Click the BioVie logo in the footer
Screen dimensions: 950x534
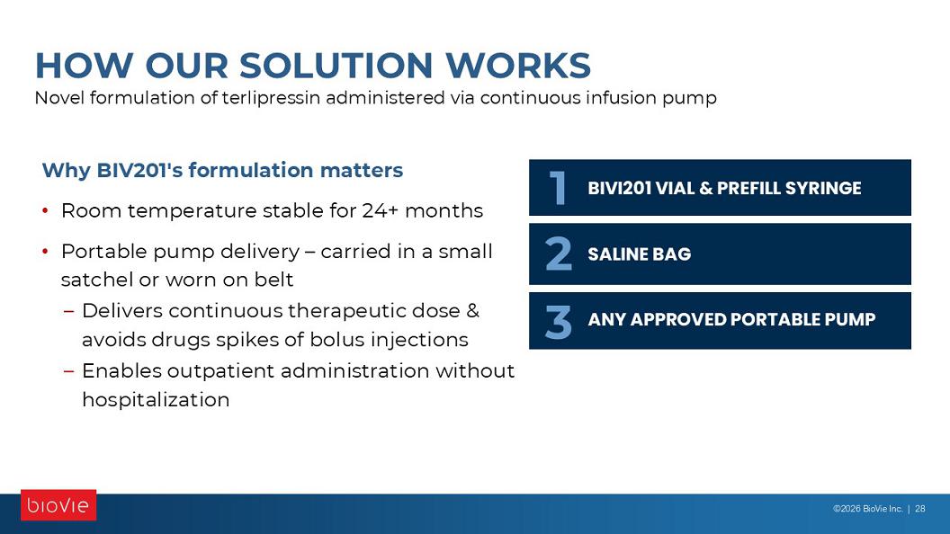tap(58, 505)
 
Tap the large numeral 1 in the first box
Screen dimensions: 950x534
tap(558, 188)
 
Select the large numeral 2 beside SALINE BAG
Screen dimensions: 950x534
tap(558, 254)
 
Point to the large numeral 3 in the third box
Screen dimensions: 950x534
tap(558, 322)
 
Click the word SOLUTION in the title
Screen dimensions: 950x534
tap(336, 66)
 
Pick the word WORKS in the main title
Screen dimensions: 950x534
tap(518, 66)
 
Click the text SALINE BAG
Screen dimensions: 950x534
tap(640, 254)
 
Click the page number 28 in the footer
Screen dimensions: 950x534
tap(919, 509)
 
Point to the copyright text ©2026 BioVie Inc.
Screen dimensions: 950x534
tap(867, 509)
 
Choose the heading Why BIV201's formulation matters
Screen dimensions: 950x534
tap(222, 170)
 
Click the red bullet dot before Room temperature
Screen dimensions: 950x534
tap(46, 210)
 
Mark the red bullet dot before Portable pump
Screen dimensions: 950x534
tap(46, 251)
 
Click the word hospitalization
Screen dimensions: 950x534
tap(156, 399)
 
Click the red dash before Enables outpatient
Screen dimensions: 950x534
tap(69, 370)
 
